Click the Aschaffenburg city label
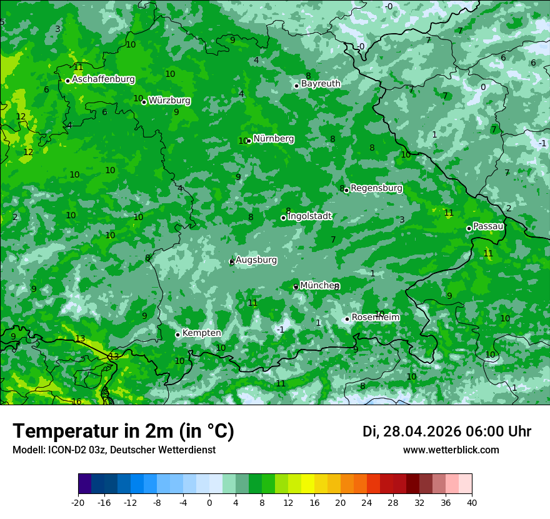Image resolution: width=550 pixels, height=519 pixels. tap(103, 79)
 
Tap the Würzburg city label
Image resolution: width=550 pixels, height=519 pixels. tap(169, 101)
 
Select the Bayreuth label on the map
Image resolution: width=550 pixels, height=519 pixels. tap(321, 84)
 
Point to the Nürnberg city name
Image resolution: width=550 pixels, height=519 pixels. tap(273, 139)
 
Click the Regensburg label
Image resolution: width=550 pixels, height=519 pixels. tap(376, 188)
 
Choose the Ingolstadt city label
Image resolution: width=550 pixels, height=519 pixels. tap(309, 216)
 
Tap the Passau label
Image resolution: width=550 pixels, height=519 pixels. tap(488, 226)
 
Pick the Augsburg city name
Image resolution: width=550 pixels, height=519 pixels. tap(256, 260)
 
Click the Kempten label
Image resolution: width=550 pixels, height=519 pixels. tap(201, 333)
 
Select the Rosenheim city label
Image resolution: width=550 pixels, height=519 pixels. tap(375, 318)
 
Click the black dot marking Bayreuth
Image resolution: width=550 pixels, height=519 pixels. tap(296, 86)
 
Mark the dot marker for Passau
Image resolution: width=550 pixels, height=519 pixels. tap(469, 228)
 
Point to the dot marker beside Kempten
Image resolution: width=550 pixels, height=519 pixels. tap(177, 335)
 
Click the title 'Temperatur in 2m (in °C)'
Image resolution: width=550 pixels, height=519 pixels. tap(123, 431)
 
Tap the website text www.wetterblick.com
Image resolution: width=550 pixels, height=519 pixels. tap(451, 450)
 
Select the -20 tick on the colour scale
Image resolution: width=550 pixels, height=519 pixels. tap(78, 502)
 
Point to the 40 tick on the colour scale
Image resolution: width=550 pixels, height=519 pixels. tap(472, 502)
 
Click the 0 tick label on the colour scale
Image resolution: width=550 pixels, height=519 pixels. tap(209, 502)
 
